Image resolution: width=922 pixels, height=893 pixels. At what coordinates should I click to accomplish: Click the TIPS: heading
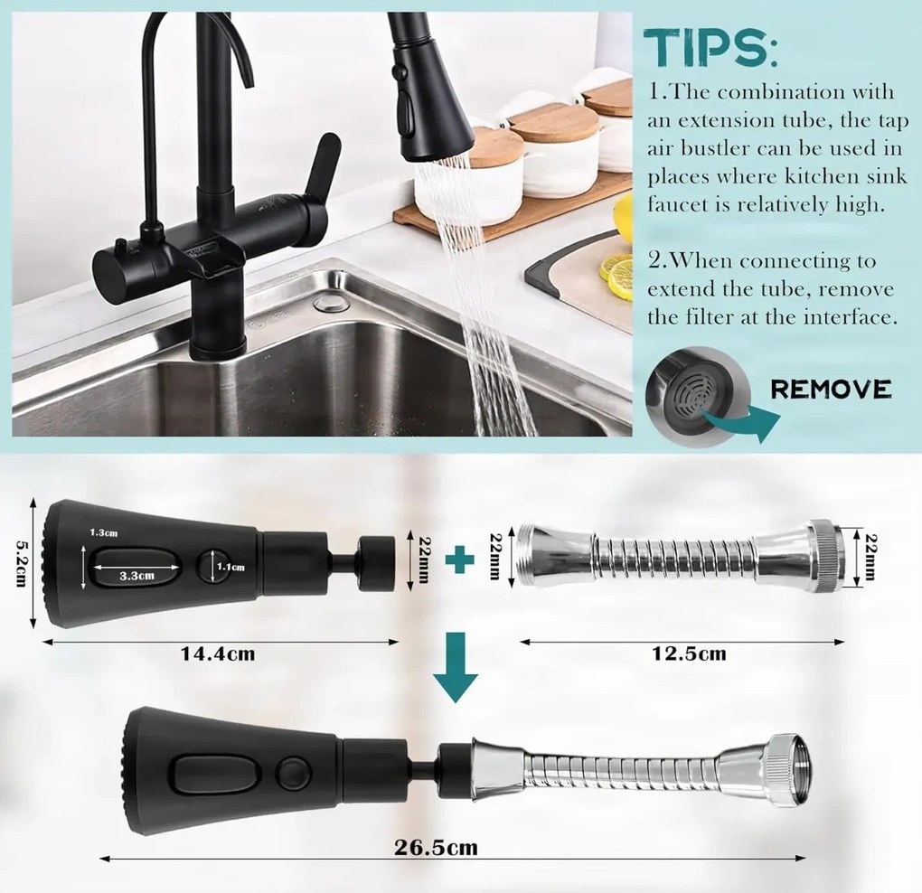pyautogui.click(x=710, y=48)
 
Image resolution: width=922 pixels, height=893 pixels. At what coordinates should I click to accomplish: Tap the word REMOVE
pyautogui.click(x=831, y=390)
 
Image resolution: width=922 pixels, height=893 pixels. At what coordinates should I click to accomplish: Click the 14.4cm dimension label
pyautogui.click(x=218, y=653)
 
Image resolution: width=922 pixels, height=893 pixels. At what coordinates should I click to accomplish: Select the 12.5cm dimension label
pyautogui.click(x=689, y=653)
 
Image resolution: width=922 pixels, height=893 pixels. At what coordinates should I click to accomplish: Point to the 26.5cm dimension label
pyautogui.click(x=436, y=847)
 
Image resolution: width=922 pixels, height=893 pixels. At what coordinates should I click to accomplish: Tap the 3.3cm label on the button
pyautogui.click(x=137, y=576)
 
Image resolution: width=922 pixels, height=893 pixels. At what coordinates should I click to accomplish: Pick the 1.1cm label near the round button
pyautogui.click(x=230, y=567)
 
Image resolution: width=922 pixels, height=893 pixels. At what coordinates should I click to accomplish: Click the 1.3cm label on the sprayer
pyautogui.click(x=103, y=532)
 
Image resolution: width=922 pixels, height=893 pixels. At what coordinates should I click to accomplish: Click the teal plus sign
pyautogui.click(x=460, y=559)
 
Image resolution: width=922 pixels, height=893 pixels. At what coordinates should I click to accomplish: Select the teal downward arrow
pyautogui.click(x=456, y=666)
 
